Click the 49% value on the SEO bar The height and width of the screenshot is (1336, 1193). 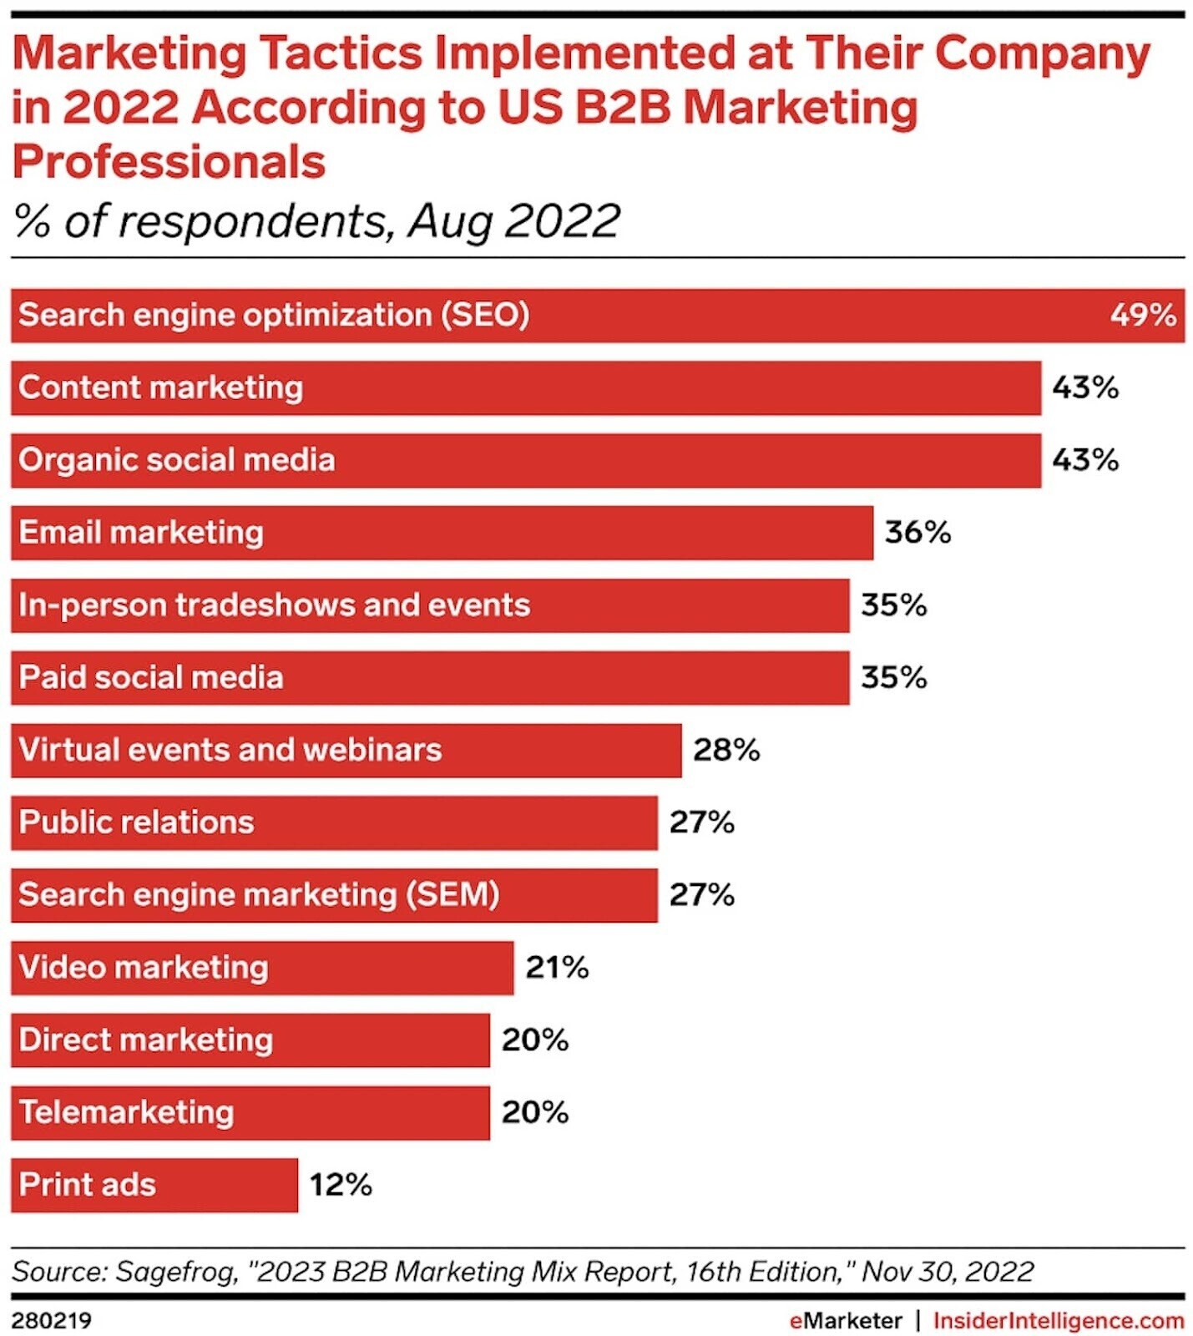[x=1142, y=316]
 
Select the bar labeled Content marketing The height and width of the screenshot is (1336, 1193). [x=525, y=388]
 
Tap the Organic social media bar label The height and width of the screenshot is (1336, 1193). [x=176, y=460]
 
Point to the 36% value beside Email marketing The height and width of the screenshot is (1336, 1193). [x=917, y=533]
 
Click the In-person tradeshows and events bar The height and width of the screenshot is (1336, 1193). [x=429, y=605]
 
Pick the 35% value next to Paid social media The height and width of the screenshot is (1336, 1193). [x=893, y=677]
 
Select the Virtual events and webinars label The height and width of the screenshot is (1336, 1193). [x=230, y=750]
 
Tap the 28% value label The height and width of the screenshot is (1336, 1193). [x=725, y=750]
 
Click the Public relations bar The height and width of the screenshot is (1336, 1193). [x=333, y=822]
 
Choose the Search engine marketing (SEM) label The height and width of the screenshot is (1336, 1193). [x=259, y=895]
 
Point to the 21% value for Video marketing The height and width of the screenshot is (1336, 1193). [x=557, y=967]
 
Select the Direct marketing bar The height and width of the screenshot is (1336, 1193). [x=250, y=1040]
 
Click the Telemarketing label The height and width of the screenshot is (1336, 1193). [x=126, y=1112]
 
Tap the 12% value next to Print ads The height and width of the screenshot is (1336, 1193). [x=341, y=1185]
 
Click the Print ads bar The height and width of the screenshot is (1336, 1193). [x=154, y=1185]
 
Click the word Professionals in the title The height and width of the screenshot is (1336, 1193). [x=169, y=162]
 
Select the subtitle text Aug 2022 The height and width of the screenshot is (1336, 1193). [x=513, y=222]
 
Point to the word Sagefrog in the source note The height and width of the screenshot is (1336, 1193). [x=175, y=1271]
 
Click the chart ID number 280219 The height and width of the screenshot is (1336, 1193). [x=51, y=1321]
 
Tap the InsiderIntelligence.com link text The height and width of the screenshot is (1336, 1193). [x=1058, y=1321]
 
